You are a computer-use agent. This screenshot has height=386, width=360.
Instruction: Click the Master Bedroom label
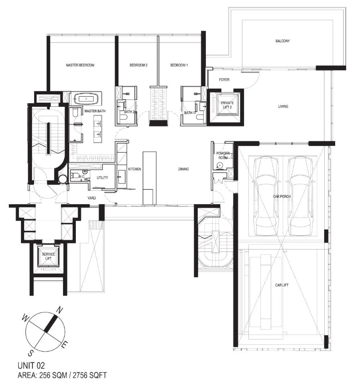coord(80,65)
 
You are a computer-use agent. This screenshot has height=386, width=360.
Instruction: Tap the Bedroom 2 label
coord(138,65)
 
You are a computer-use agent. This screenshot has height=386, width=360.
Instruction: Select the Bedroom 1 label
coord(179,65)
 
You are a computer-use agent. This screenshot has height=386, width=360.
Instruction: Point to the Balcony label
coord(283,41)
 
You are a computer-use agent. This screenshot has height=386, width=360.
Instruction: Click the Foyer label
coord(224,80)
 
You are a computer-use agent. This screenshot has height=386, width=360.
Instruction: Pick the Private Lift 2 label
coord(227,105)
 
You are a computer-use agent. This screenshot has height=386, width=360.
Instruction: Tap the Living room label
coord(283,106)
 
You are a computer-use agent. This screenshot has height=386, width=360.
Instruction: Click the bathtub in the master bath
coord(86,99)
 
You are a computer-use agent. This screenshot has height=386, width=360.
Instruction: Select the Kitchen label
coord(134,169)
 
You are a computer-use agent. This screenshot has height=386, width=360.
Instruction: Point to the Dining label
coord(183,169)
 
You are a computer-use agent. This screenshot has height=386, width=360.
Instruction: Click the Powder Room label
coord(223,155)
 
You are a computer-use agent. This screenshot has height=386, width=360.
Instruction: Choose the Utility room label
coord(102,178)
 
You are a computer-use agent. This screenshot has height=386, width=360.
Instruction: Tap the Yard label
coord(92,198)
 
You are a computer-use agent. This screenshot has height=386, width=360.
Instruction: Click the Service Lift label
coord(49,256)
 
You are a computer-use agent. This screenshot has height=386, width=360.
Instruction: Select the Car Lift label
coord(282,285)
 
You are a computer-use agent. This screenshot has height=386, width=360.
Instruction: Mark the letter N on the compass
coord(59,310)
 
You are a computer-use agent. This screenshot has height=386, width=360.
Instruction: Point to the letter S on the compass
coord(31,353)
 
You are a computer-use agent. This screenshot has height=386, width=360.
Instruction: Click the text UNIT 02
coord(31,366)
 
